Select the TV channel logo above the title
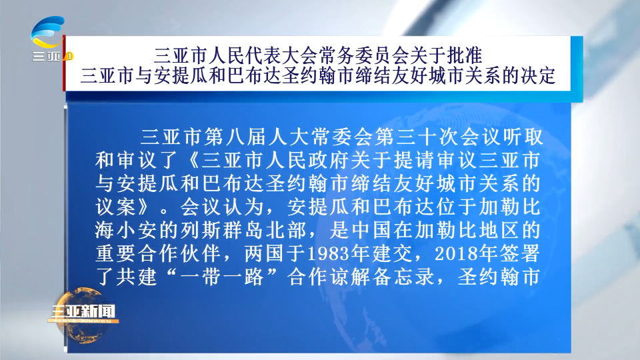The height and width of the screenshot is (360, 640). (51, 39)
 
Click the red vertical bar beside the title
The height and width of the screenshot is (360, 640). (64, 63)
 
